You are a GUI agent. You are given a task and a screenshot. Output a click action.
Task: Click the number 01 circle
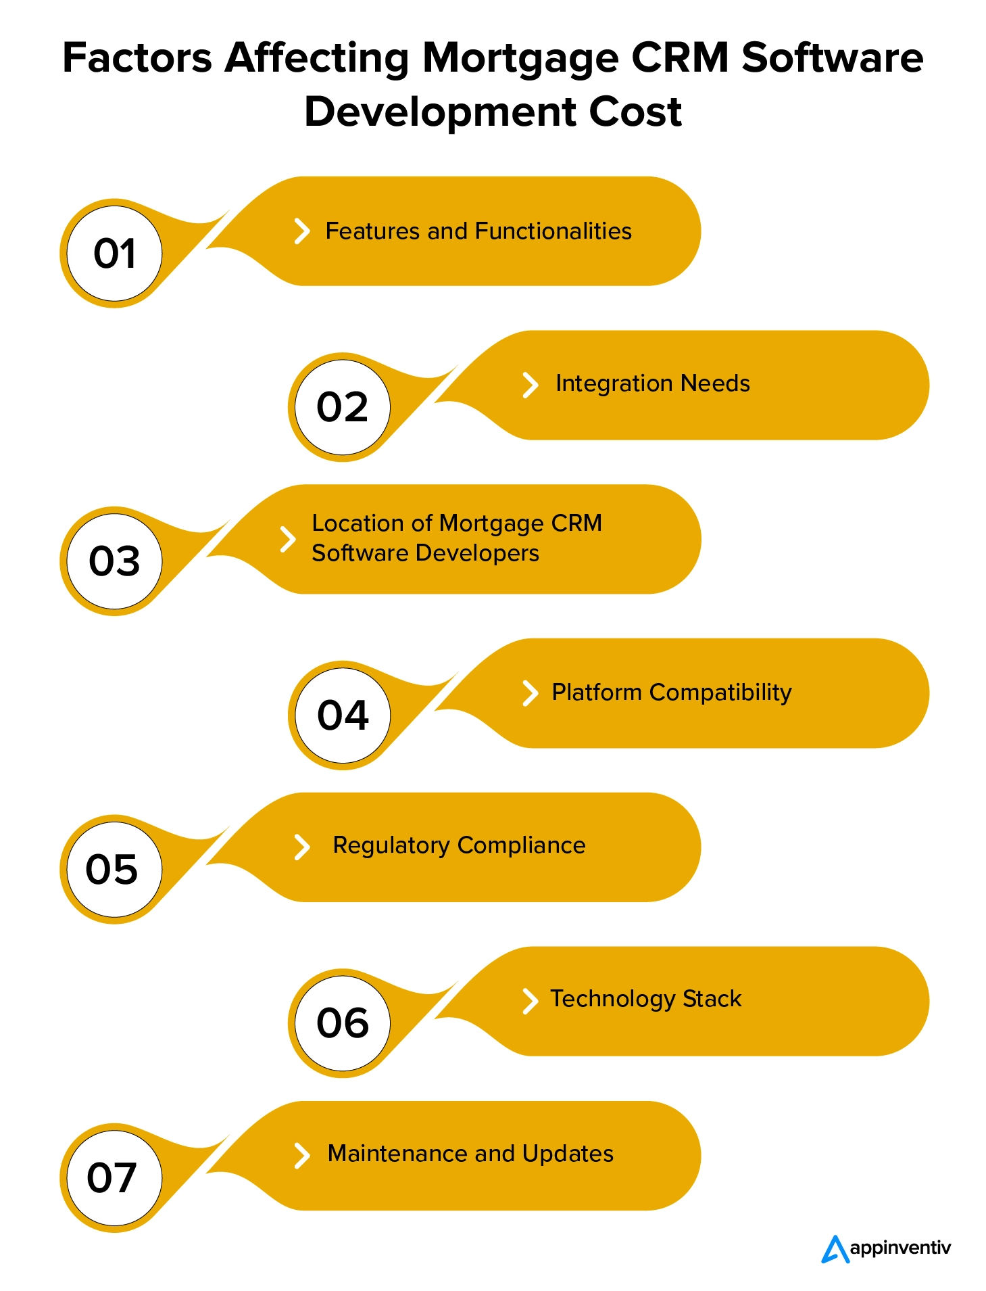coord(115,254)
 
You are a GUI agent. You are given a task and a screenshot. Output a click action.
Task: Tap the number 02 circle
coord(343,407)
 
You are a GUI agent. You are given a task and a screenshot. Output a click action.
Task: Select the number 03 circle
coord(115,561)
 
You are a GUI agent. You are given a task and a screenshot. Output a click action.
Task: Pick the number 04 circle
coord(343,715)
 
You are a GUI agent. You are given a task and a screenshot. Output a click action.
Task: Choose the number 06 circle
coord(343,1023)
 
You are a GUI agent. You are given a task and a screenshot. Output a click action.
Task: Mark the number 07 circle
coord(114,1177)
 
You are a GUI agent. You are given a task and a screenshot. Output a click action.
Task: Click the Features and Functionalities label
coord(478,231)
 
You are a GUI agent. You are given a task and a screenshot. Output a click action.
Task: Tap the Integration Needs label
coord(652,383)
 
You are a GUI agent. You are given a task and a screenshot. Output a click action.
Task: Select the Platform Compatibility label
coord(671,693)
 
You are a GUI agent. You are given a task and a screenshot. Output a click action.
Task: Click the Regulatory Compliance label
coord(459,845)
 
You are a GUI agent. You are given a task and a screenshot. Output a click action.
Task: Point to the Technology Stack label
coord(645,999)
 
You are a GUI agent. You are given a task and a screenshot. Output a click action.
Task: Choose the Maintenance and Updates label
coord(470,1154)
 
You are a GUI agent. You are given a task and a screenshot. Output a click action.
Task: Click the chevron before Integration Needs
coord(531,385)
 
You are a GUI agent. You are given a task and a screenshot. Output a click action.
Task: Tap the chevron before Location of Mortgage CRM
coord(288,539)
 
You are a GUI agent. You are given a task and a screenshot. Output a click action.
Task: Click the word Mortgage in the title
coord(520,59)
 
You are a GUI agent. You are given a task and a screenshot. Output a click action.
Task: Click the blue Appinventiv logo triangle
coord(835,1249)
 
